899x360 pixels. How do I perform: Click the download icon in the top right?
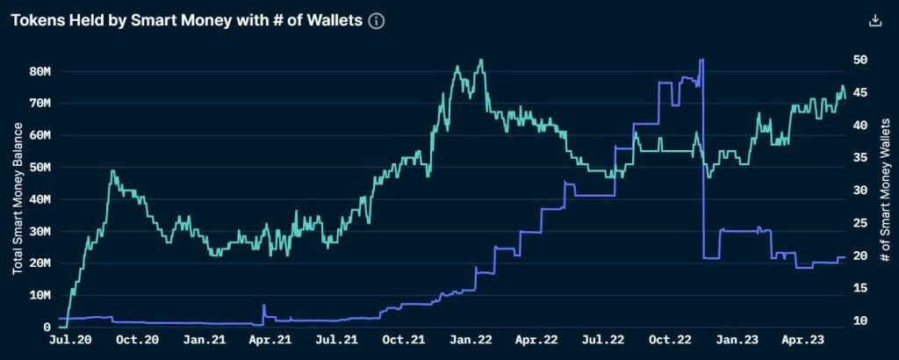click(x=874, y=20)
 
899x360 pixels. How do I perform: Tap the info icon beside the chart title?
click(x=377, y=20)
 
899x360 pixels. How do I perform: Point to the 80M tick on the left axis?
click(x=41, y=71)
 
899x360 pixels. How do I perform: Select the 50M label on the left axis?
click(x=41, y=167)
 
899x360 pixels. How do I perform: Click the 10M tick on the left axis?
click(x=41, y=295)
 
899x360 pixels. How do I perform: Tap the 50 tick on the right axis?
click(x=861, y=60)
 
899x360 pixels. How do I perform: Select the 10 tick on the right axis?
click(x=861, y=321)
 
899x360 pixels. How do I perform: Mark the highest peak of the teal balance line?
click(x=480, y=60)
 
